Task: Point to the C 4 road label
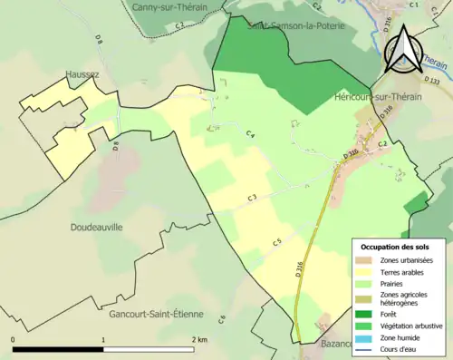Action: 250,134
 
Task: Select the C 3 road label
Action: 253,198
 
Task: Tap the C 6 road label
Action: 221,318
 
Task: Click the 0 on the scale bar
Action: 14,339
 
